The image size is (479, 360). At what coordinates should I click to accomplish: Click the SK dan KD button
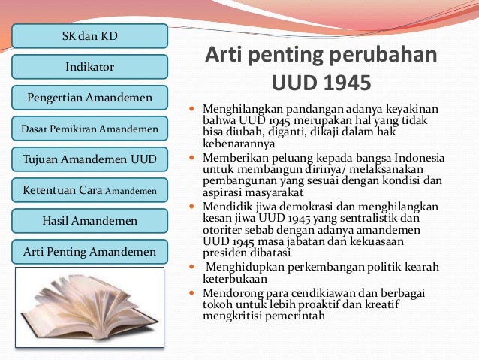point(89,35)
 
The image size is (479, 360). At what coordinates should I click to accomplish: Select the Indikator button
point(89,67)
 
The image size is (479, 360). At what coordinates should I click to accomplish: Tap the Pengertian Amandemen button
point(89,98)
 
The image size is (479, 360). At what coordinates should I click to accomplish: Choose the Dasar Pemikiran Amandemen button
point(89,129)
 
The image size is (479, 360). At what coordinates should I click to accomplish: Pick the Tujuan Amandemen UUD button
point(89,159)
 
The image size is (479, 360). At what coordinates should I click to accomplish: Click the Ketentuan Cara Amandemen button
point(89,191)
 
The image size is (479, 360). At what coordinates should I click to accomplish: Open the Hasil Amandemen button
point(89,221)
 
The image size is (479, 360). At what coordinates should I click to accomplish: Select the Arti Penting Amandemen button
point(89,252)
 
